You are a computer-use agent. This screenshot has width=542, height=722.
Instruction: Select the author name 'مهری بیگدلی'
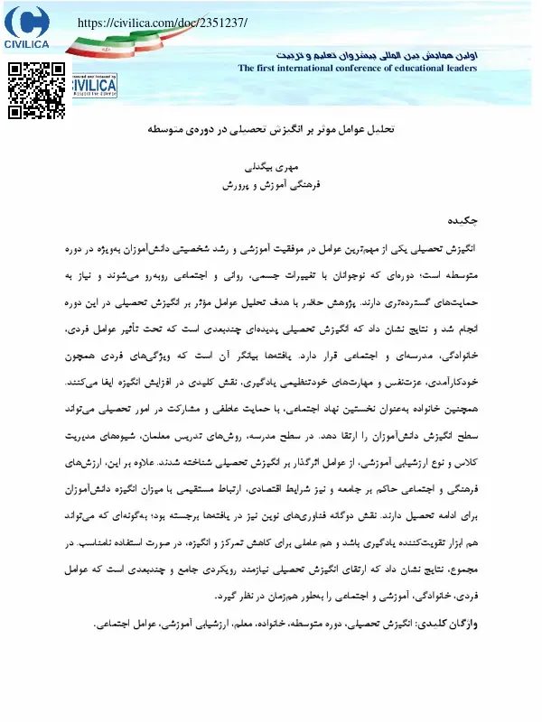click(x=272, y=168)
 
